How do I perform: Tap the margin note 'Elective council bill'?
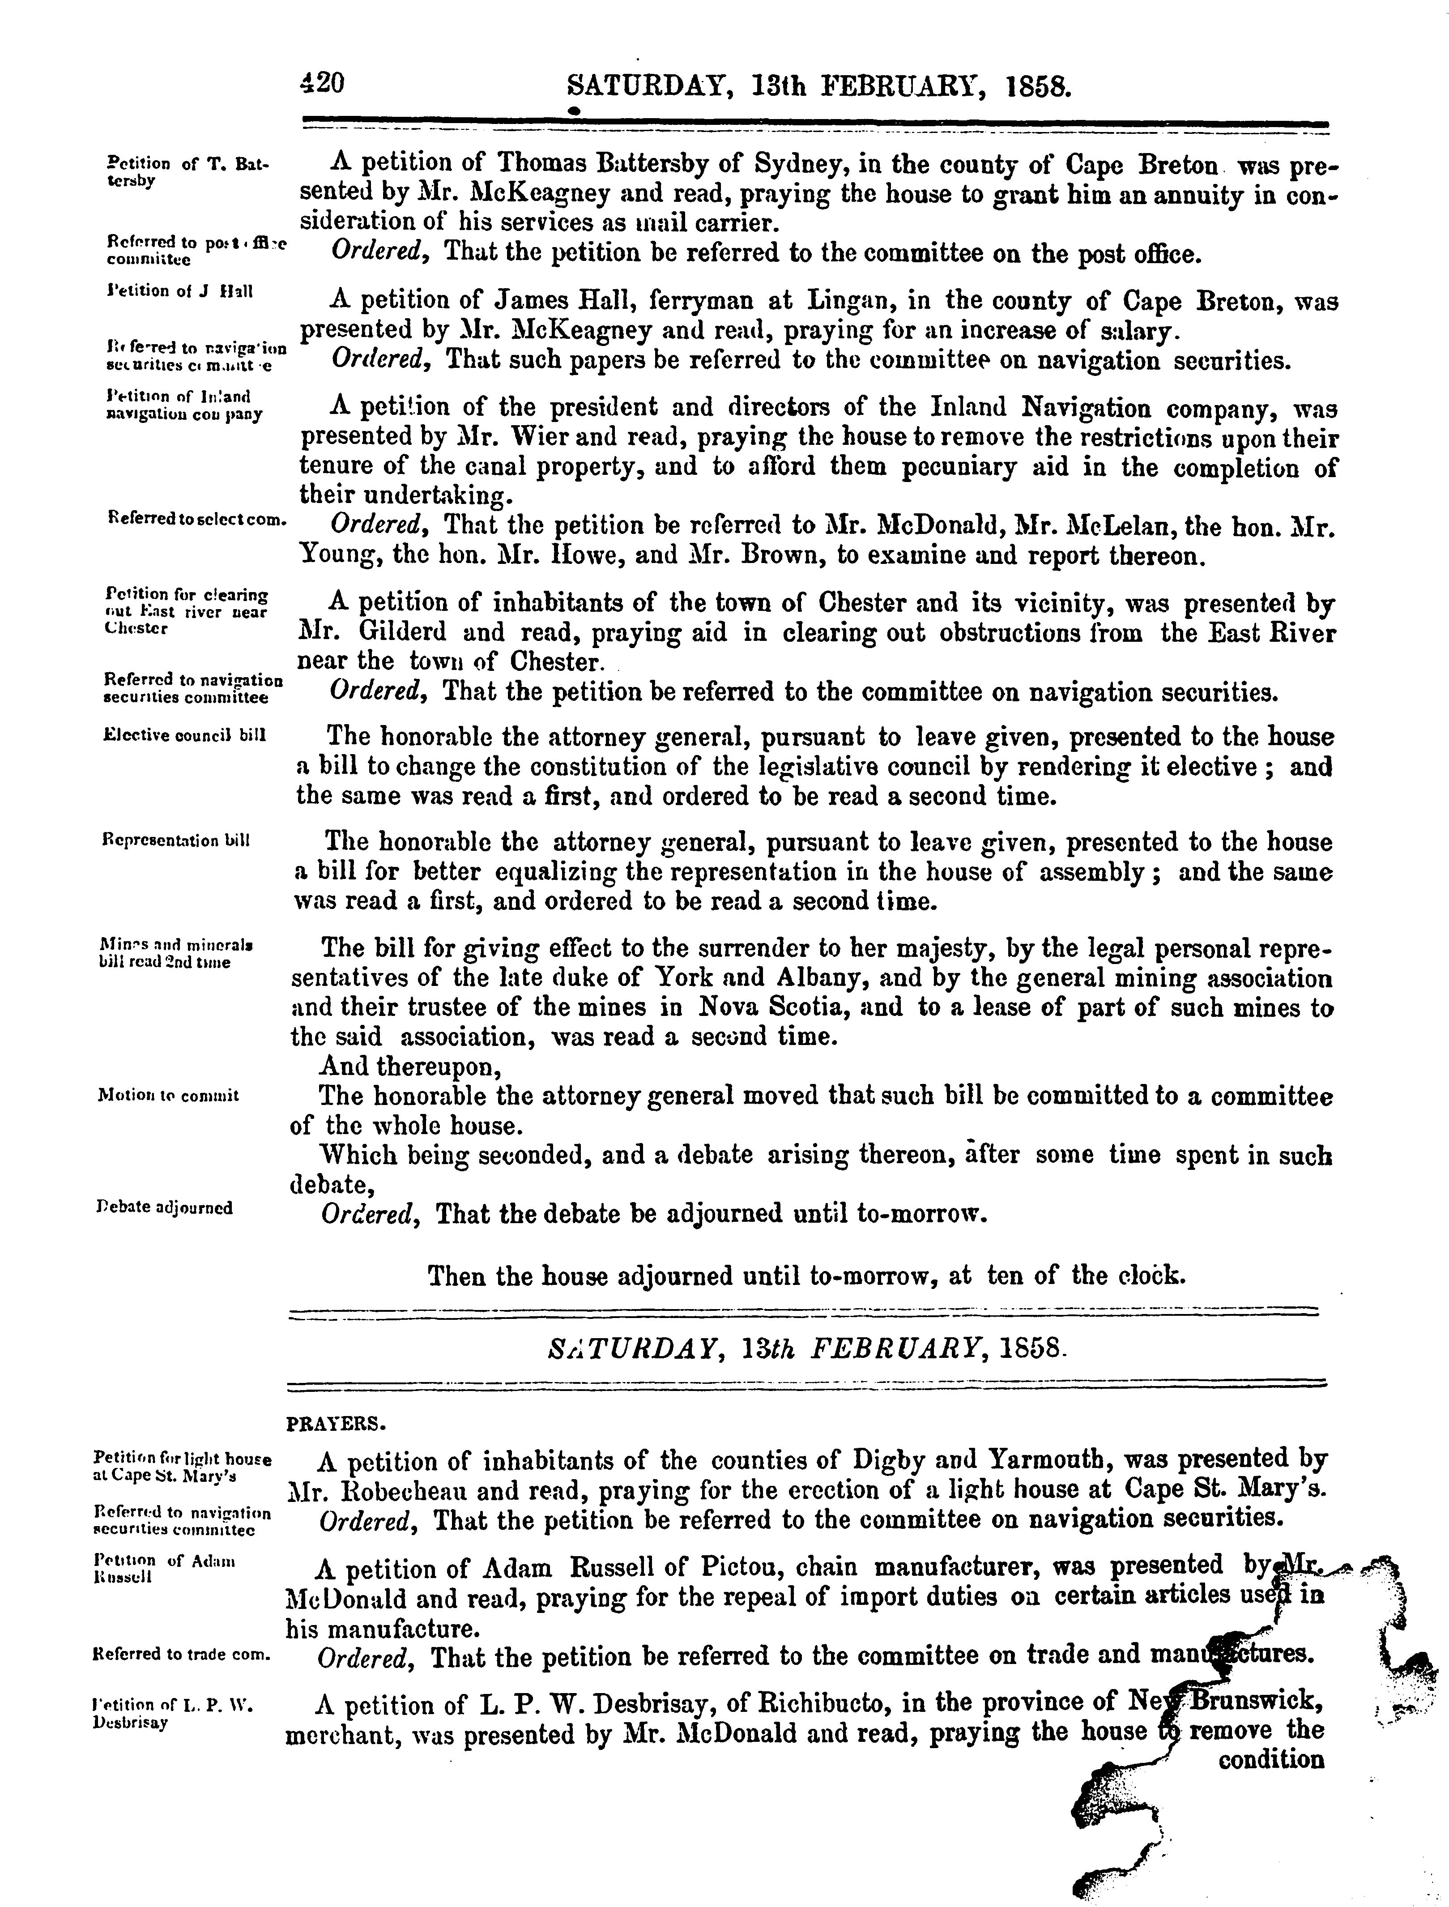pos(183,736)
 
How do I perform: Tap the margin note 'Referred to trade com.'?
pos(180,1654)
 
